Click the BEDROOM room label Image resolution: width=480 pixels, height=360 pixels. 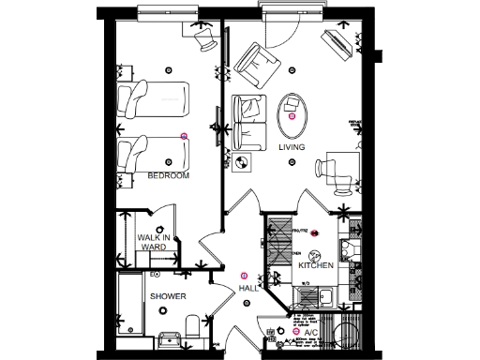(x=169, y=176)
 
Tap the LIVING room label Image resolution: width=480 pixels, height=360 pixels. (x=292, y=147)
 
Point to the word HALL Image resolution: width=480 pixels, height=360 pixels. (x=247, y=289)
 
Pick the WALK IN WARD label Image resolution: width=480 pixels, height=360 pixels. (x=153, y=243)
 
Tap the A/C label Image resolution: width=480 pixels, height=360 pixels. (x=312, y=332)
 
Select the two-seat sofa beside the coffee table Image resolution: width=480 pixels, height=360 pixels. (x=249, y=122)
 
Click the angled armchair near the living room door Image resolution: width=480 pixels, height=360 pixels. (x=257, y=65)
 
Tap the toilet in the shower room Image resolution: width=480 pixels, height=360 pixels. (x=193, y=327)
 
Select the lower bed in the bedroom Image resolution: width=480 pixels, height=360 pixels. (x=155, y=150)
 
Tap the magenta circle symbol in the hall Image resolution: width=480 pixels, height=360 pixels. (x=245, y=275)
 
